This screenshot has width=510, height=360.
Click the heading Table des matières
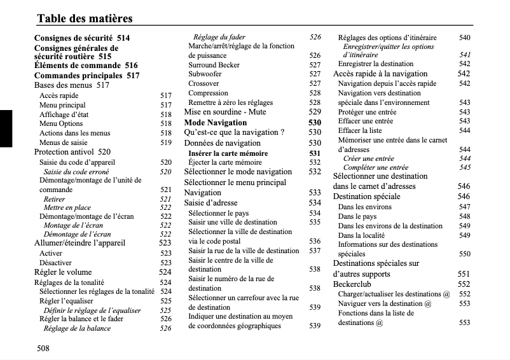tap(85, 18)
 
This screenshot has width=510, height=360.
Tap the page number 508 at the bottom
tap(43, 348)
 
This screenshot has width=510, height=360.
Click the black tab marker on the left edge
tap(6, 128)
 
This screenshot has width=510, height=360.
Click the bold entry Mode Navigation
tap(215, 122)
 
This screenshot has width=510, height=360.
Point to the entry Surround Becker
tap(214, 65)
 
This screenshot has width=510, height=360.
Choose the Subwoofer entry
tap(205, 74)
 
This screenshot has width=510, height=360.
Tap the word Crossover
tap(203, 84)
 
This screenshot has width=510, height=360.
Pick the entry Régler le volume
tap(62, 272)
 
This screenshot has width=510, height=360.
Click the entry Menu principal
tap(62, 105)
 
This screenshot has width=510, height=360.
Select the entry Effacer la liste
tap(360, 130)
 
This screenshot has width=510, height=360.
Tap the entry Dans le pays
tap(357, 216)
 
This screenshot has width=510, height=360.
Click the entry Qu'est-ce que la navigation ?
tap(233, 132)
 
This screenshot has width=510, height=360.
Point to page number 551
tap(464, 274)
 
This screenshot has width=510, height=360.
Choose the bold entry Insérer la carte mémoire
tap(228, 153)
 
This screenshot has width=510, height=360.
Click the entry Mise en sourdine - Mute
tap(225, 112)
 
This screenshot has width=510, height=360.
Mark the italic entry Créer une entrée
tap(368, 158)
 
